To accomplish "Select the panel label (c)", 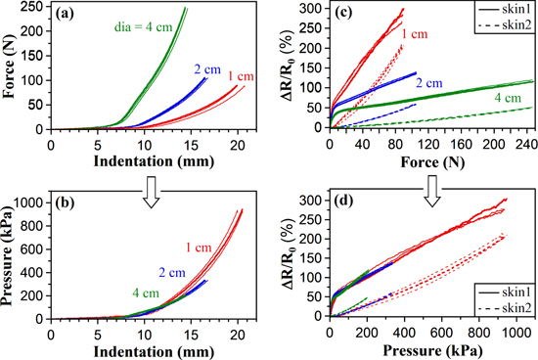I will pos(349,16).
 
